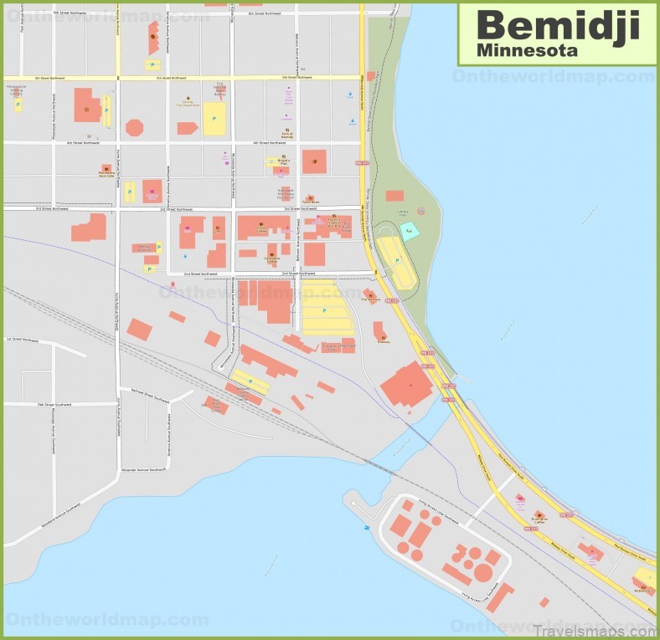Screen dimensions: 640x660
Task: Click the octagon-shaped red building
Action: pyautogui.click(x=134, y=127)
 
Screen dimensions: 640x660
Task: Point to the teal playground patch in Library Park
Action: pyautogui.click(x=409, y=231)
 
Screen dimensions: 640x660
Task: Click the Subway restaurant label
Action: pyautogui.click(x=384, y=340)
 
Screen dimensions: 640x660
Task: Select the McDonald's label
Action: pyautogui.click(x=642, y=590)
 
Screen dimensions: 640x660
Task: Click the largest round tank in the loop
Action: pyautogui.click(x=483, y=573)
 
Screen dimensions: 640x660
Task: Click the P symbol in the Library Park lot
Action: pyautogui.click(x=396, y=260)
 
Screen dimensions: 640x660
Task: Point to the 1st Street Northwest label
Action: pyautogui.click(x=23, y=340)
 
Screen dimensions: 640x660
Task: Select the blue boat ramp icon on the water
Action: pyautogui.click(x=365, y=529)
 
